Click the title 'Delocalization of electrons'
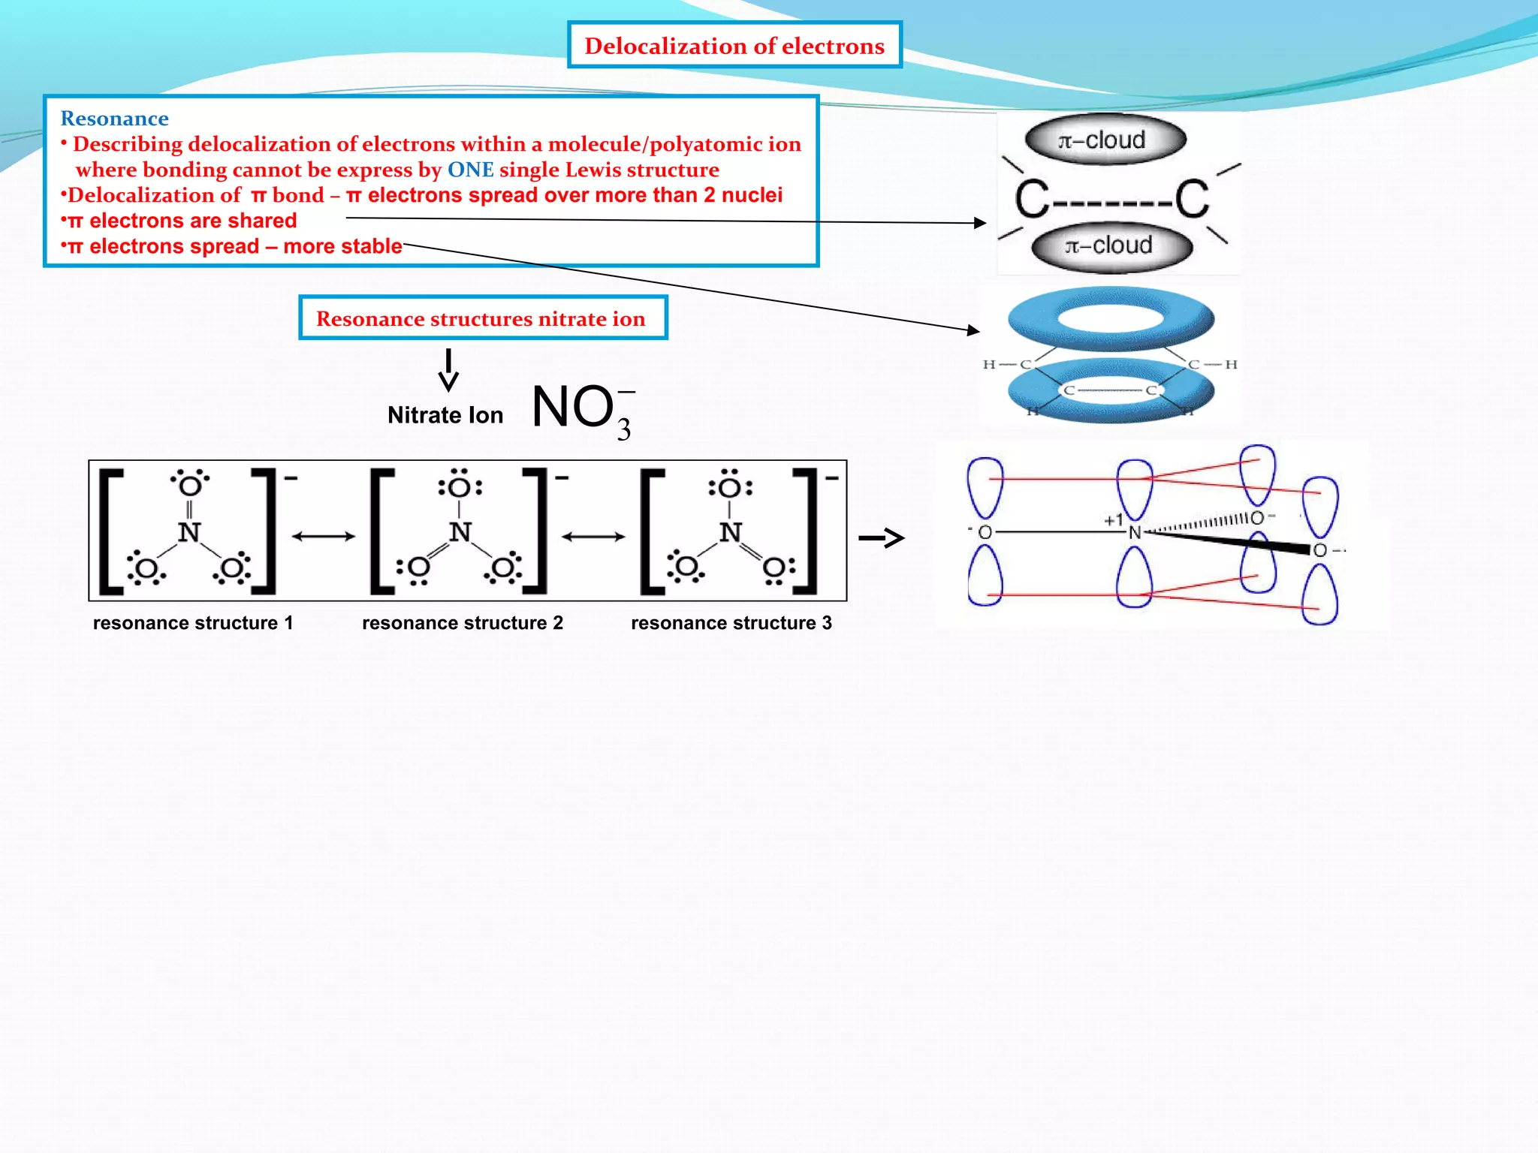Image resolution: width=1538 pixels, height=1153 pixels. [734, 46]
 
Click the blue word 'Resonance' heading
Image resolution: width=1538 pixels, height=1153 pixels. [114, 119]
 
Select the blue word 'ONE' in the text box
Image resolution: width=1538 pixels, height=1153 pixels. [470, 170]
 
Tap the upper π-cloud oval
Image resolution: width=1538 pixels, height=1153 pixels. [1105, 140]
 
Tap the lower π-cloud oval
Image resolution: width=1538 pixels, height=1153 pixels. [1111, 245]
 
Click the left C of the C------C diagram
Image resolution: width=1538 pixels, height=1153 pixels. [1032, 200]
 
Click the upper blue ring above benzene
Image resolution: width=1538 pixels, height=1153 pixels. [1111, 318]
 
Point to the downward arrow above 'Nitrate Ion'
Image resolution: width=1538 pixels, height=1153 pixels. [448, 370]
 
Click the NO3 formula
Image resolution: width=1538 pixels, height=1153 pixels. [582, 409]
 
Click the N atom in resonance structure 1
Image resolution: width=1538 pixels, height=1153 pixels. [189, 532]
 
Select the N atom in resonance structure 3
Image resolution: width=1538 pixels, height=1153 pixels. [730, 532]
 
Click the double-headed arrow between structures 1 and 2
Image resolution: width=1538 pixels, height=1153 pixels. [323, 536]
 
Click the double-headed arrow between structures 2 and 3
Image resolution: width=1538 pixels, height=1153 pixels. [593, 536]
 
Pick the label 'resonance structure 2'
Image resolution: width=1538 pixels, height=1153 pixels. [462, 623]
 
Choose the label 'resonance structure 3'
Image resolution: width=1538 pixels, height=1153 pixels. [731, 623]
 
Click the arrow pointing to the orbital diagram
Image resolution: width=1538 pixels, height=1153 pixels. [881, 537]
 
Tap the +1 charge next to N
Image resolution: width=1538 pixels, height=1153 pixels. [1113, 519]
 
